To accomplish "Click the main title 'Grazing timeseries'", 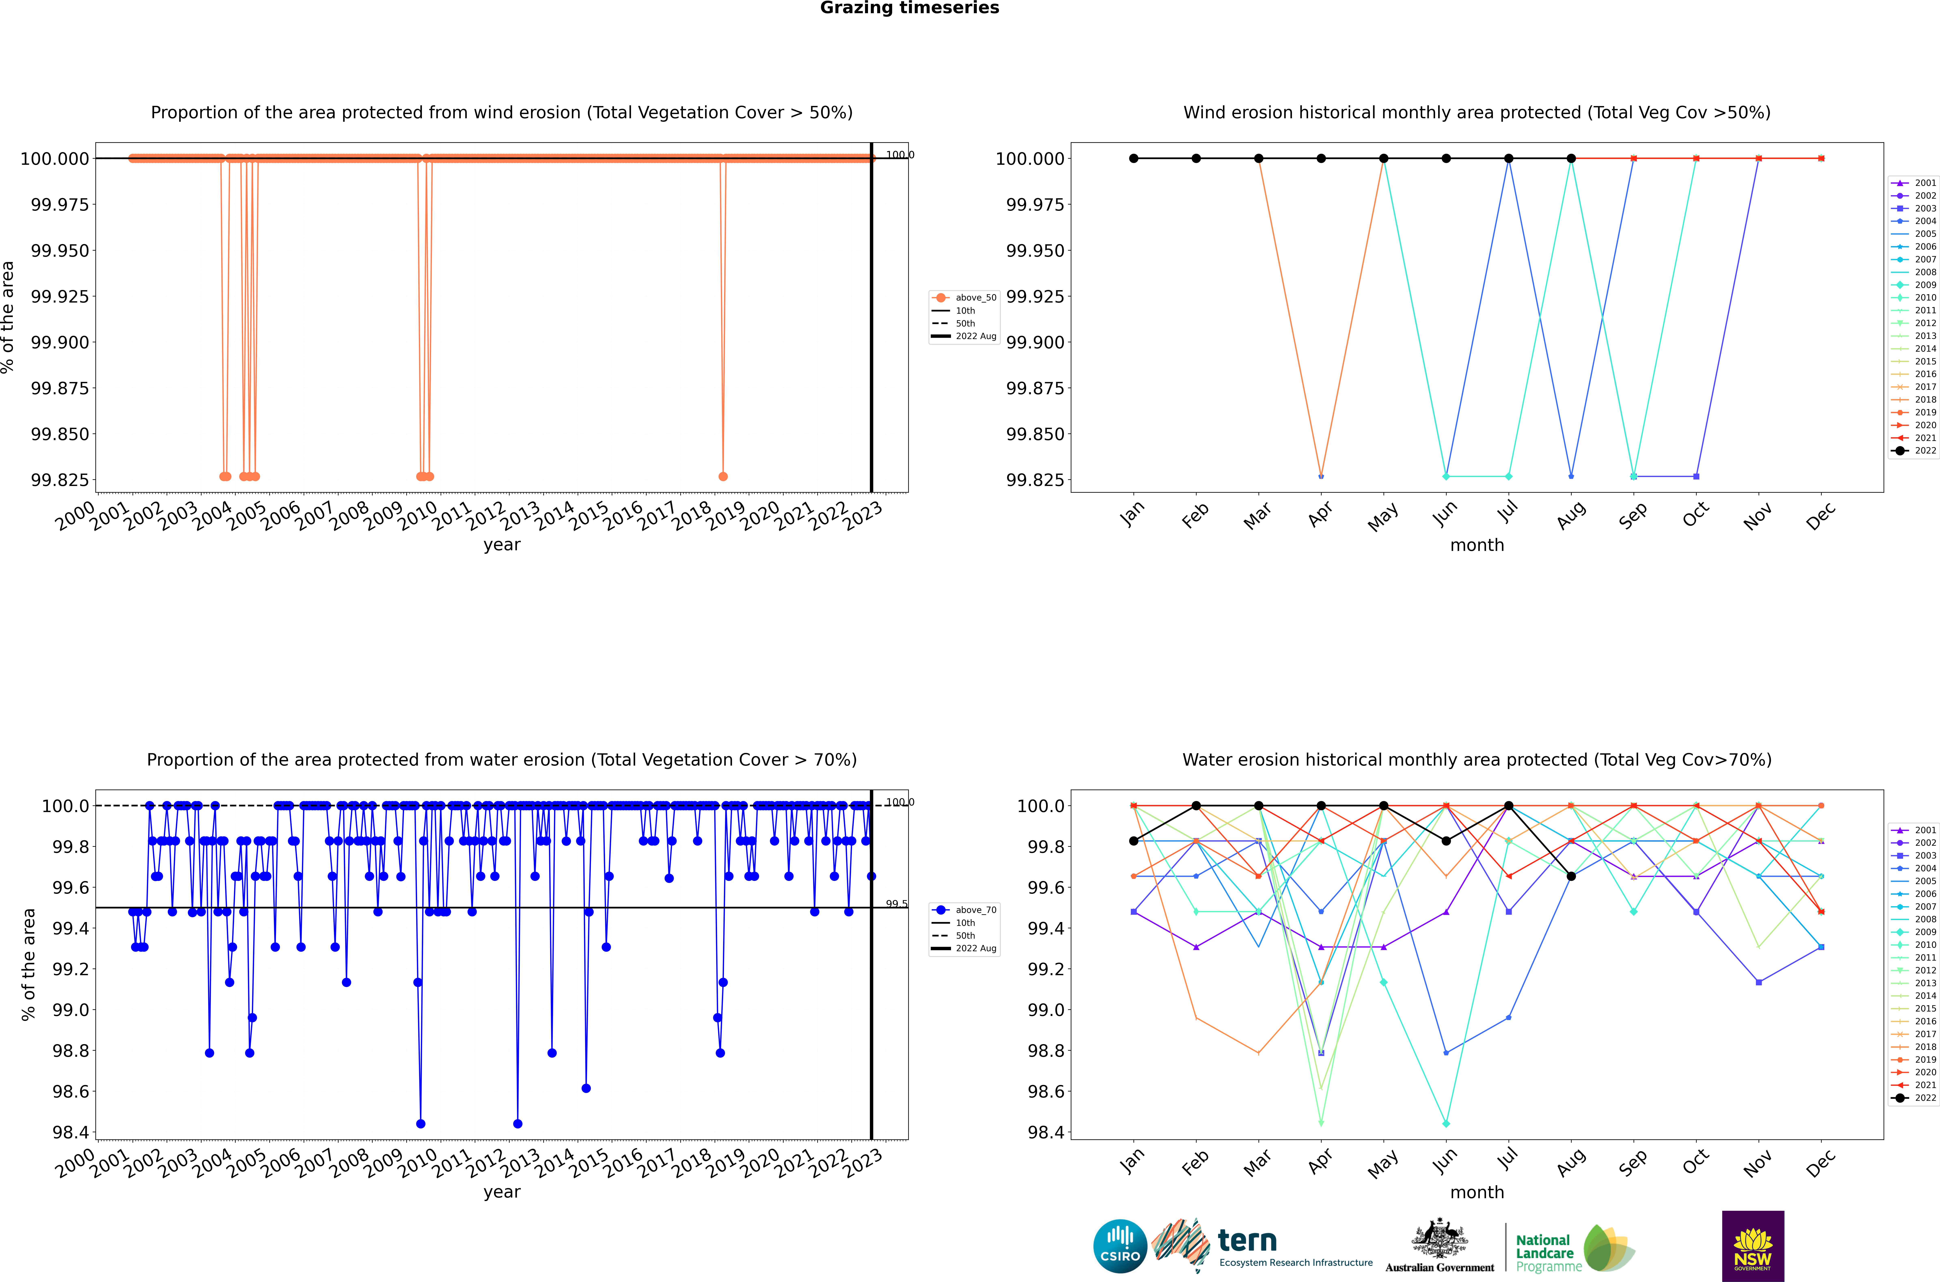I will point(909,8).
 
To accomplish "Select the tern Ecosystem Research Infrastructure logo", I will point(1263,1246).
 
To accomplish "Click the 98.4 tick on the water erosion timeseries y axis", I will point(70,1132).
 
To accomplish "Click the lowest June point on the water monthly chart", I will point(1446,1123).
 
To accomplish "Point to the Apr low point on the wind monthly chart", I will point(1321,476).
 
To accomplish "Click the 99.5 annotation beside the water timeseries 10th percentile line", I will point(897,903).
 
